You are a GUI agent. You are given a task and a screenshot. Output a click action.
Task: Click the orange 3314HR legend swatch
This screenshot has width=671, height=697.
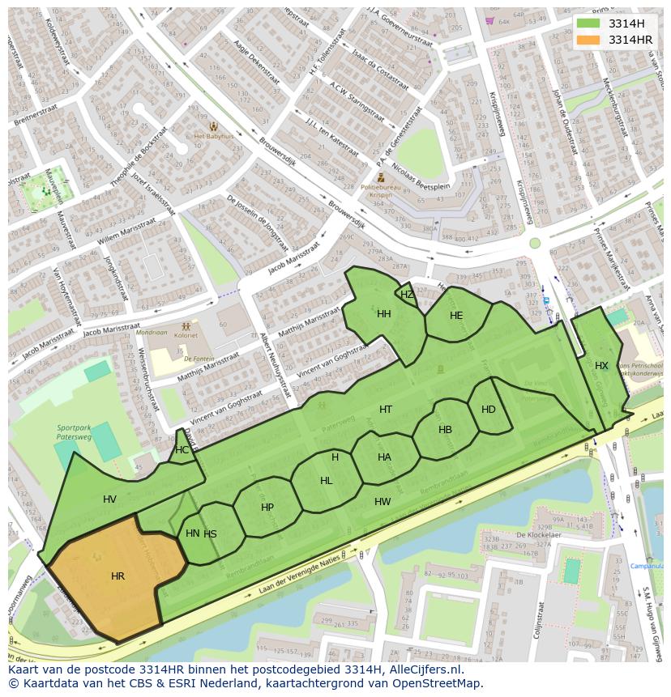click(588, 40)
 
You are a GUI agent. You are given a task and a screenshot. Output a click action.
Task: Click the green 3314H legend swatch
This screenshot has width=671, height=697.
click(588, 23)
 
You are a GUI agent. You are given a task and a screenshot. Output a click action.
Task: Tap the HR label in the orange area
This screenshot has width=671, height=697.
click(118, 576)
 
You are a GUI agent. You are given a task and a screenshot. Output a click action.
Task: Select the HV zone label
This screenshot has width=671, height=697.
click(110, 499)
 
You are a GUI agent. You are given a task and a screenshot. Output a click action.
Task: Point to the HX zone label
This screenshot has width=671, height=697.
click(601, 366)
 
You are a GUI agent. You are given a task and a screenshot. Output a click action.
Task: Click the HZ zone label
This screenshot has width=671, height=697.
click(407, 295)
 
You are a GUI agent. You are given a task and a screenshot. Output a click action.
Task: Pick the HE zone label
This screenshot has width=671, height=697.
click(456, 316)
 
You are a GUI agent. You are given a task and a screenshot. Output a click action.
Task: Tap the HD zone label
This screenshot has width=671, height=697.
click(488, 410)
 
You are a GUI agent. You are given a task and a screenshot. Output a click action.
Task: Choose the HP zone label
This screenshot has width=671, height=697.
click(267, 508)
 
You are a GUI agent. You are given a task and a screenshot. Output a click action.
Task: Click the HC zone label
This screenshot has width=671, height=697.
click(182, 450)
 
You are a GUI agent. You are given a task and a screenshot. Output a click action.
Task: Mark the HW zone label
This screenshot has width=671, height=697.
click(383, 502)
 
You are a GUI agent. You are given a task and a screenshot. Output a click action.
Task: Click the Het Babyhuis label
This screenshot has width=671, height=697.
click(214, 137)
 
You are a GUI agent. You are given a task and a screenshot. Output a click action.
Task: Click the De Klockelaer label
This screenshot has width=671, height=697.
click(539, 535)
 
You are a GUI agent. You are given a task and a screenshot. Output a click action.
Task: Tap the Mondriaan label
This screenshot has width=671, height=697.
click(152, 333)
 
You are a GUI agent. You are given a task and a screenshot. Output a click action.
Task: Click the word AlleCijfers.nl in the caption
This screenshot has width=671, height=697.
click(425, 670)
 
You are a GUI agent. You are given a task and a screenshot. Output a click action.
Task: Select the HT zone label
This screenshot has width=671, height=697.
click(386, 410)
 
